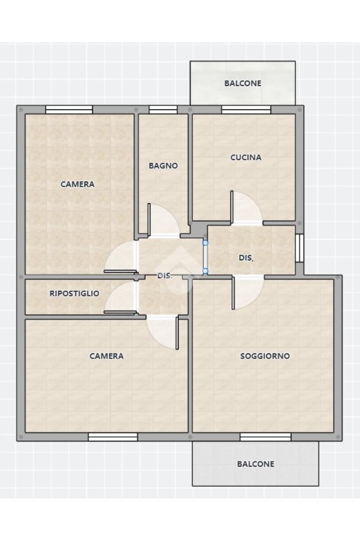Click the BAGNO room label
pyautogui.click(x=163, y=166)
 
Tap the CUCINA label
pyautogui.click(x=246, y=157)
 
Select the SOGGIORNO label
pyautogui.click(x=265, y=356)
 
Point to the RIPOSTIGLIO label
pyautogui.click(x=74, y=293)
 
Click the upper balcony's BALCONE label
pyautogui.click(x=242, y=83)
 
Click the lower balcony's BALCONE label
pyautogui.click(x=256, y=464)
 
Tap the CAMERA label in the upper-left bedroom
pyautogui.click(x=77, y=184)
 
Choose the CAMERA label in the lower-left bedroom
pyautogui.click(x=106, y=356)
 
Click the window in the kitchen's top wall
pyautogui.click(x=246, y=110)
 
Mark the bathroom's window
pyautogui.click(x=163, y=110)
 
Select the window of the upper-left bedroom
pyautogui.click(x=69, y=110)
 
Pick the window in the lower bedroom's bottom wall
pyautogui.click(x=113, y=437)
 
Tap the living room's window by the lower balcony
pyautogui.click(x=266, y=437)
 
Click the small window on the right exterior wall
pyautogui.click(x=300, y=248)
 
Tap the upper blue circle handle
pyautogui.click(x=206, y=243)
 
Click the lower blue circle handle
pyautogui.click(x=206, y=271)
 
